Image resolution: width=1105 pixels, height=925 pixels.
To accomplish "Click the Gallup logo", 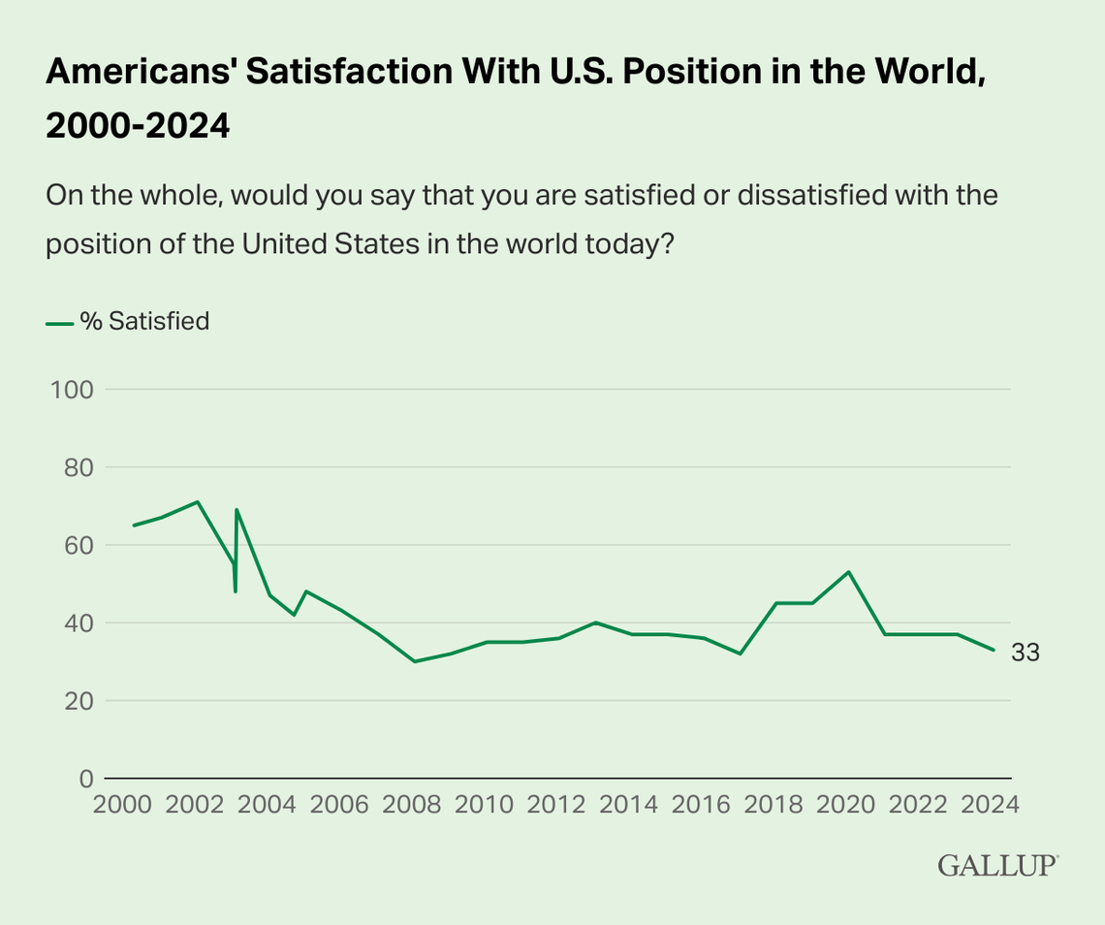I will [997, 866].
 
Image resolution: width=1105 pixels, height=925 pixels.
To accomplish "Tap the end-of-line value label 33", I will [1026, 654].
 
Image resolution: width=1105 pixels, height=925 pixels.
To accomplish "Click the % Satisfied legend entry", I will [128, 322].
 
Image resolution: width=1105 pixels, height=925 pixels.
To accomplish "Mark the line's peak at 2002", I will [198, 501].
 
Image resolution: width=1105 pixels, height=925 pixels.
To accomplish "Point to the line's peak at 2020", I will [849, 572].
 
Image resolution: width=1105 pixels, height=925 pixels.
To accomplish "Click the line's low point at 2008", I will [415, 661].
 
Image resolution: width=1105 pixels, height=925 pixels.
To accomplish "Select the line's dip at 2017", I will [741, 654].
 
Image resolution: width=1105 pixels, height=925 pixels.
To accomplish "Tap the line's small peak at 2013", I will [595, 622].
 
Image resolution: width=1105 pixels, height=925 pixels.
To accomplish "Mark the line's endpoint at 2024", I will [994, 650].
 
